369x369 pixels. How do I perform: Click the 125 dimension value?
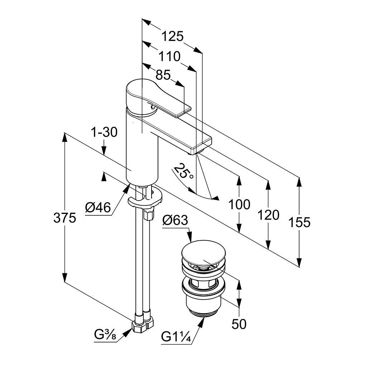(172, 36)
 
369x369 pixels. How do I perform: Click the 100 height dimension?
(239, 205)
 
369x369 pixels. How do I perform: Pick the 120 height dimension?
(268, 215)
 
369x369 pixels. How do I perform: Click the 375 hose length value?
(65, 217)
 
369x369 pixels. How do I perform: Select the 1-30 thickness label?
(104, 133)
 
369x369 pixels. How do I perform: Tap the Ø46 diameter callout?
(98, 207)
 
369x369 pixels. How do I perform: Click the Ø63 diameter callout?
(175, 220)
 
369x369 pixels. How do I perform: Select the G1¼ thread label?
(175, 337)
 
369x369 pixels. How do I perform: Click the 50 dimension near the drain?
(239, 324)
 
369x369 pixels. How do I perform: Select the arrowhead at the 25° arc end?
(216, 198)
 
